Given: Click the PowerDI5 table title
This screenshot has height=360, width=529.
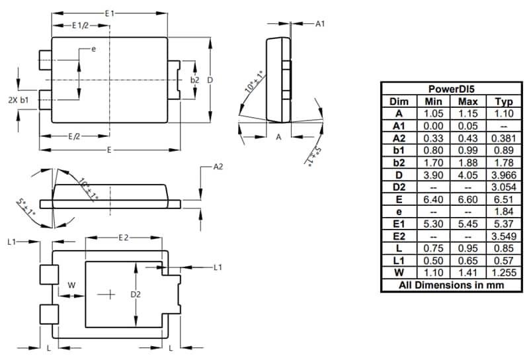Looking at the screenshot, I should coord(450,89).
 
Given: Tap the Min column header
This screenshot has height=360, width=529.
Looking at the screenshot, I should coord(432,101).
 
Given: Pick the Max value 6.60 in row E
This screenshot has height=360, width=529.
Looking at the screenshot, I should coord(467,199).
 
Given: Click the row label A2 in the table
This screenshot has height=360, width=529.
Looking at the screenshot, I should coord(398,138).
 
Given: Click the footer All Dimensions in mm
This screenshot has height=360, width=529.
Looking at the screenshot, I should coord(450,285).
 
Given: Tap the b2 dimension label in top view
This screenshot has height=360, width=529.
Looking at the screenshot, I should coord(194,80).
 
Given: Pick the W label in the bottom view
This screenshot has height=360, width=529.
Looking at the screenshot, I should coord(71,286).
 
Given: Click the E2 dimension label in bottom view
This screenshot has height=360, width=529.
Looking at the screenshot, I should coord(124,237).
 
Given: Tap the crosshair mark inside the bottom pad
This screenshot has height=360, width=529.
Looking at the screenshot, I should coord(106,294).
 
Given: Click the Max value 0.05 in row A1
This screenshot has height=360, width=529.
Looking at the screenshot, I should coord(467,126).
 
